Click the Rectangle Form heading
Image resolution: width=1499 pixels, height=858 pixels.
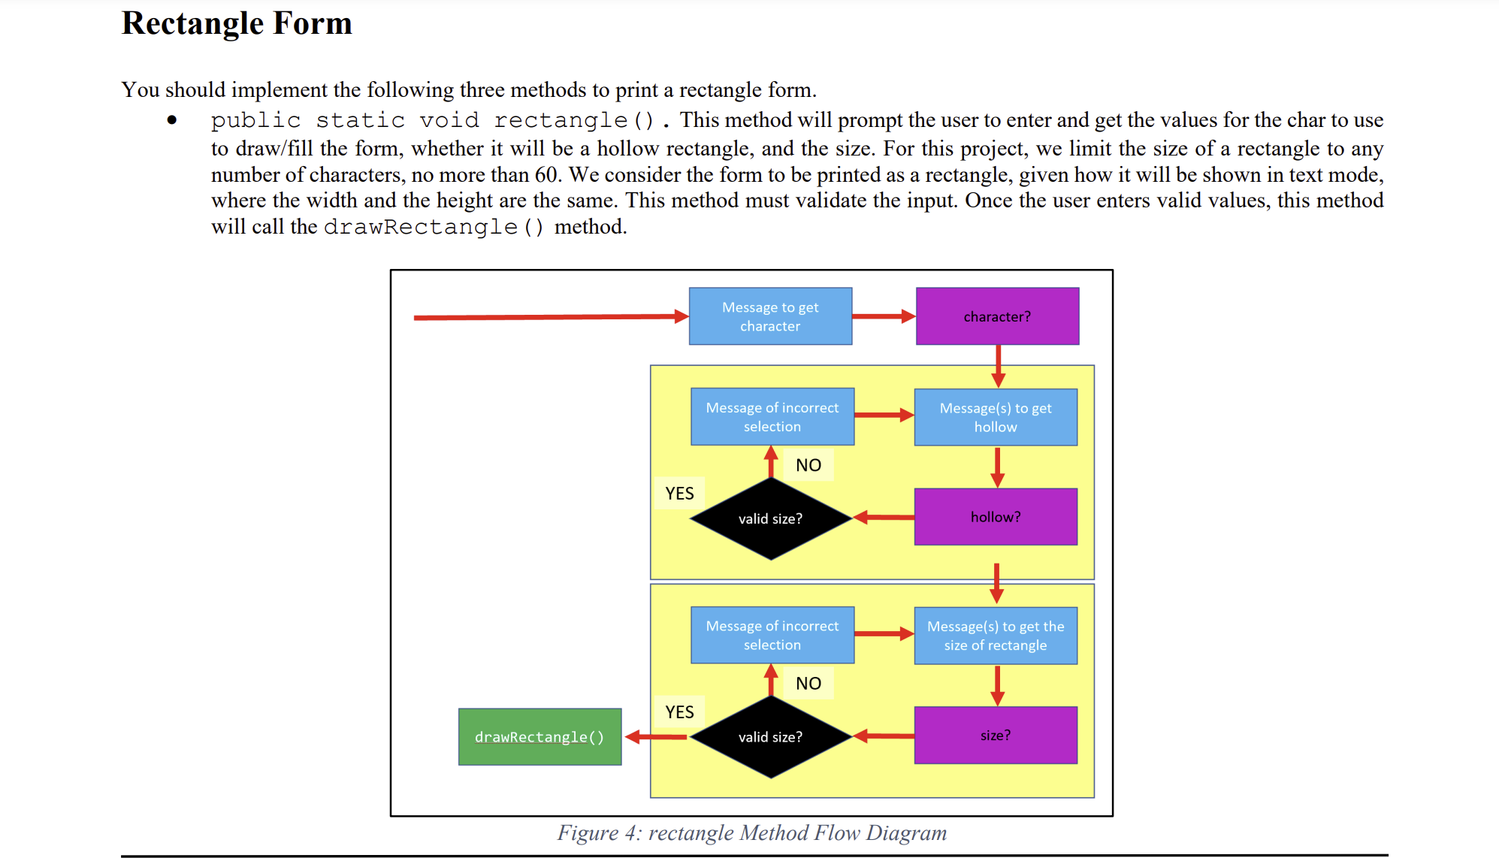(237, 23)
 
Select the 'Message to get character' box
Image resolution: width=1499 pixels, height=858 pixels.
(770, 316)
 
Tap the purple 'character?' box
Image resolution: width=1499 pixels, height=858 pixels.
(997, 316)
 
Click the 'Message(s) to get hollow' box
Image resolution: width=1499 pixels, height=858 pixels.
(996, 417)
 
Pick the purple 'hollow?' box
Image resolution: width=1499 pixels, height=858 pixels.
(996, 517)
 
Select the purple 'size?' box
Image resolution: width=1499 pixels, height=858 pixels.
(996, 736)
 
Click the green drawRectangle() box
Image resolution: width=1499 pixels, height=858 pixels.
(539, 737)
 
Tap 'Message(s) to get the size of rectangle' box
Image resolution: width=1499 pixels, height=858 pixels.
(996, 636)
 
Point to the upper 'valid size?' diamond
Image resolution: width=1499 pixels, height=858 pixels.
(770, 518)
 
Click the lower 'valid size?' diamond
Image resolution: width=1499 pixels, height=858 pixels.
(770, 737)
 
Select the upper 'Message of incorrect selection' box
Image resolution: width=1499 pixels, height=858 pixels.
(772, 417)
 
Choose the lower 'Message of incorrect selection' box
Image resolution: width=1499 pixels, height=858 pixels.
(772, 636)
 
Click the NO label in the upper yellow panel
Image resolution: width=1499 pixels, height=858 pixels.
(808, 465)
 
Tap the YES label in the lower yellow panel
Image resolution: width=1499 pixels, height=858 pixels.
(679, 711)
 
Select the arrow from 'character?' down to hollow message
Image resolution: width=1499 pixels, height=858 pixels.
(998, 365)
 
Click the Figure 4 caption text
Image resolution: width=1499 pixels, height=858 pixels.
(751, 832)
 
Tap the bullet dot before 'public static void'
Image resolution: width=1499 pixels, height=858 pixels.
(172, 119)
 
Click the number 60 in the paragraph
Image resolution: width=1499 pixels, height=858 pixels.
(546, 174)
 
